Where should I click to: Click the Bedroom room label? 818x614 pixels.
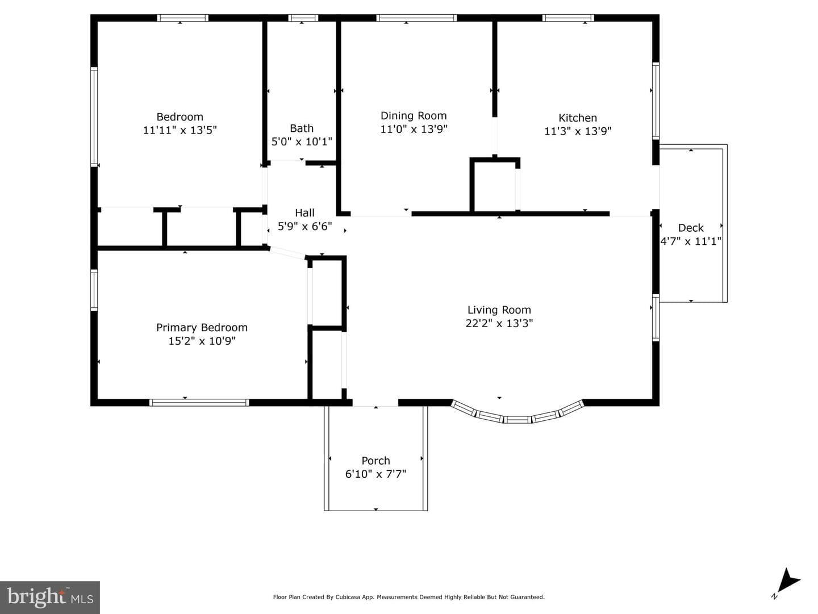(180, 117)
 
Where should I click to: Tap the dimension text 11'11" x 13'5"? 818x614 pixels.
(180, 130)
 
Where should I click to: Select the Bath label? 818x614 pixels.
(302, 128)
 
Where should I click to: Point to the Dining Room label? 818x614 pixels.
(414, 116)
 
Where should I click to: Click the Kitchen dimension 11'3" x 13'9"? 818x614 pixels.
(578, 131)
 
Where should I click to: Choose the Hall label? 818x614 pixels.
(304, 213)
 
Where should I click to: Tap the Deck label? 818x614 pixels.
(691, 228)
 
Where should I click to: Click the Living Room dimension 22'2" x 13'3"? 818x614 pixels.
(499, 323)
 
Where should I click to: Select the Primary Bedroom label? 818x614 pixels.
(202, 328)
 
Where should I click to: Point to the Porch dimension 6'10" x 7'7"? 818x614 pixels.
(375, 474)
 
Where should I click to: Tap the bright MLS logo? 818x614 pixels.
(50, 597)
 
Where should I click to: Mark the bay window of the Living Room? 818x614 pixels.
(517, 414)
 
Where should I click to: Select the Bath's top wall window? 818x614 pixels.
(303, 18)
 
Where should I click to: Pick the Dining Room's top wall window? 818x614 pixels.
(416, 18)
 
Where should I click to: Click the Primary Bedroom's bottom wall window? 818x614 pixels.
(199, 402)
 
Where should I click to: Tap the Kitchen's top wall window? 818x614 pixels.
(568, 18)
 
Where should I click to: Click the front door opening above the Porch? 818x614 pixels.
(375, 402)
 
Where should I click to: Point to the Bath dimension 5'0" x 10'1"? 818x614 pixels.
(302, 141)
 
